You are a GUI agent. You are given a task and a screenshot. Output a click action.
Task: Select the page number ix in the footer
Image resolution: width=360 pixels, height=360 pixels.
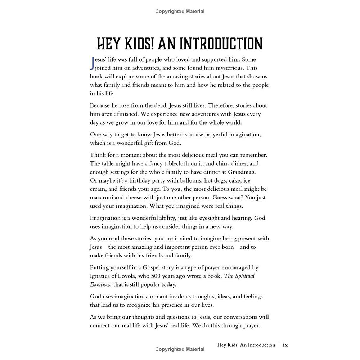285,345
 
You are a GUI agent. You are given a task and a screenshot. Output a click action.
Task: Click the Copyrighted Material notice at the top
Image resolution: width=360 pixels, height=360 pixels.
180,12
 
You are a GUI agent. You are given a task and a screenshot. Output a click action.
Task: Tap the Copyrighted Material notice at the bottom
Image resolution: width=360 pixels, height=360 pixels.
180,349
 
